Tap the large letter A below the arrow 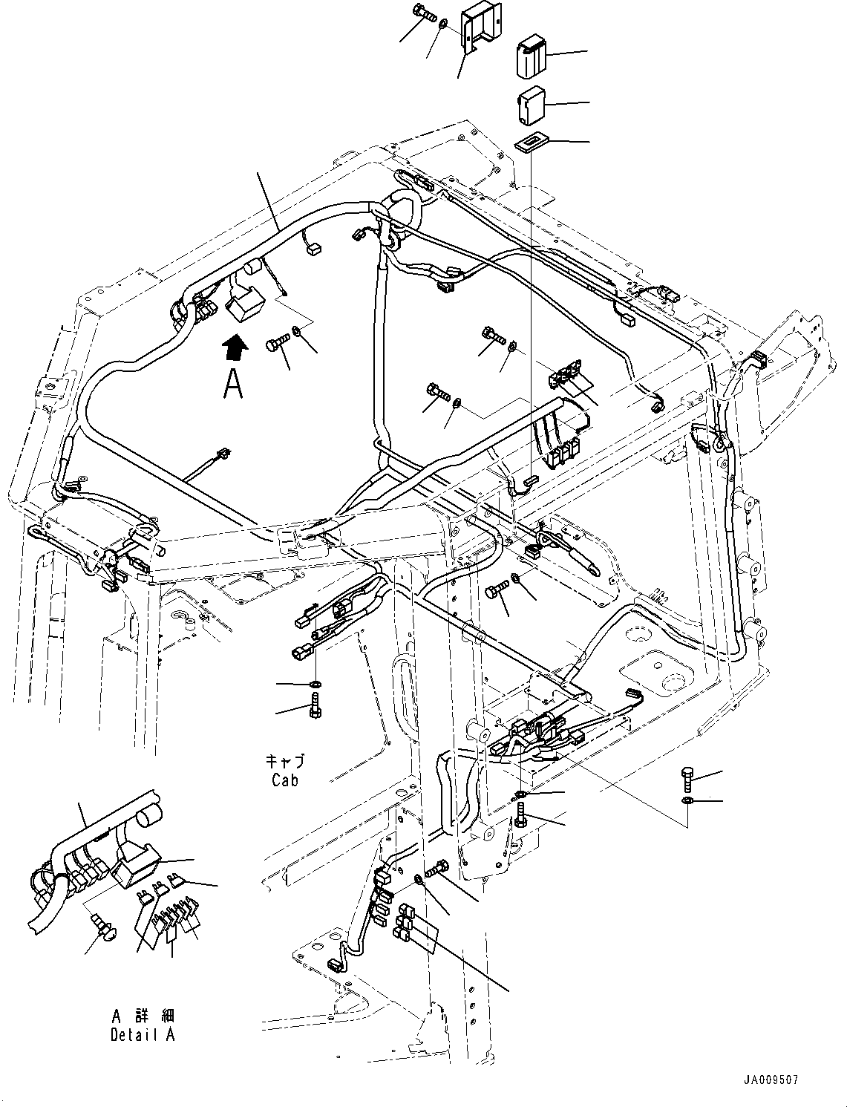(233, 383)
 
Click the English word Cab (285, 780)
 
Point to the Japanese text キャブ (285, 762)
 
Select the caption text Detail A (143, 1034)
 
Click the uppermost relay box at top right (529, 53)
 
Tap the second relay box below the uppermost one (529, 103)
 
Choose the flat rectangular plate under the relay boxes (529, 142)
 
